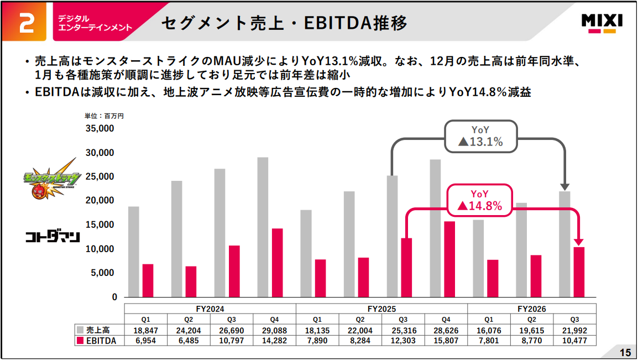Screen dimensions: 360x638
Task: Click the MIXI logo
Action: point(602,23)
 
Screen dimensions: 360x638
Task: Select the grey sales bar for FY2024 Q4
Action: point(263,227)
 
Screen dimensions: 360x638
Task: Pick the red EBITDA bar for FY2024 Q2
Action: point(191,281)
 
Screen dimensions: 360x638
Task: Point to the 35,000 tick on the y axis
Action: point(101,129)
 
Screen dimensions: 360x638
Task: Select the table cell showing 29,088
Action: point(274,331)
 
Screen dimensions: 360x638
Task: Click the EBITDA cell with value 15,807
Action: point(446,341)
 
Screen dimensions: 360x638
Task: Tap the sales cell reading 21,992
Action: point(574,331)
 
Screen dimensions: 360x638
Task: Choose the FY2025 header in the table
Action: point(381,309)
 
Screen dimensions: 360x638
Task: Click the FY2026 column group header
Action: point(532,309)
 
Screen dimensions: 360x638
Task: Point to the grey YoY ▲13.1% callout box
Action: point(480,136)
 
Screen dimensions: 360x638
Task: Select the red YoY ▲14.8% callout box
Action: point(479,201)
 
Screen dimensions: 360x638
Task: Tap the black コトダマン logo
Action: point(53,237)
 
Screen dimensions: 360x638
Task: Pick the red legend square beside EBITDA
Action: point(80,341)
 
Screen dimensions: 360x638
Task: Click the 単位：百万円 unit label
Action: point(104,116)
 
